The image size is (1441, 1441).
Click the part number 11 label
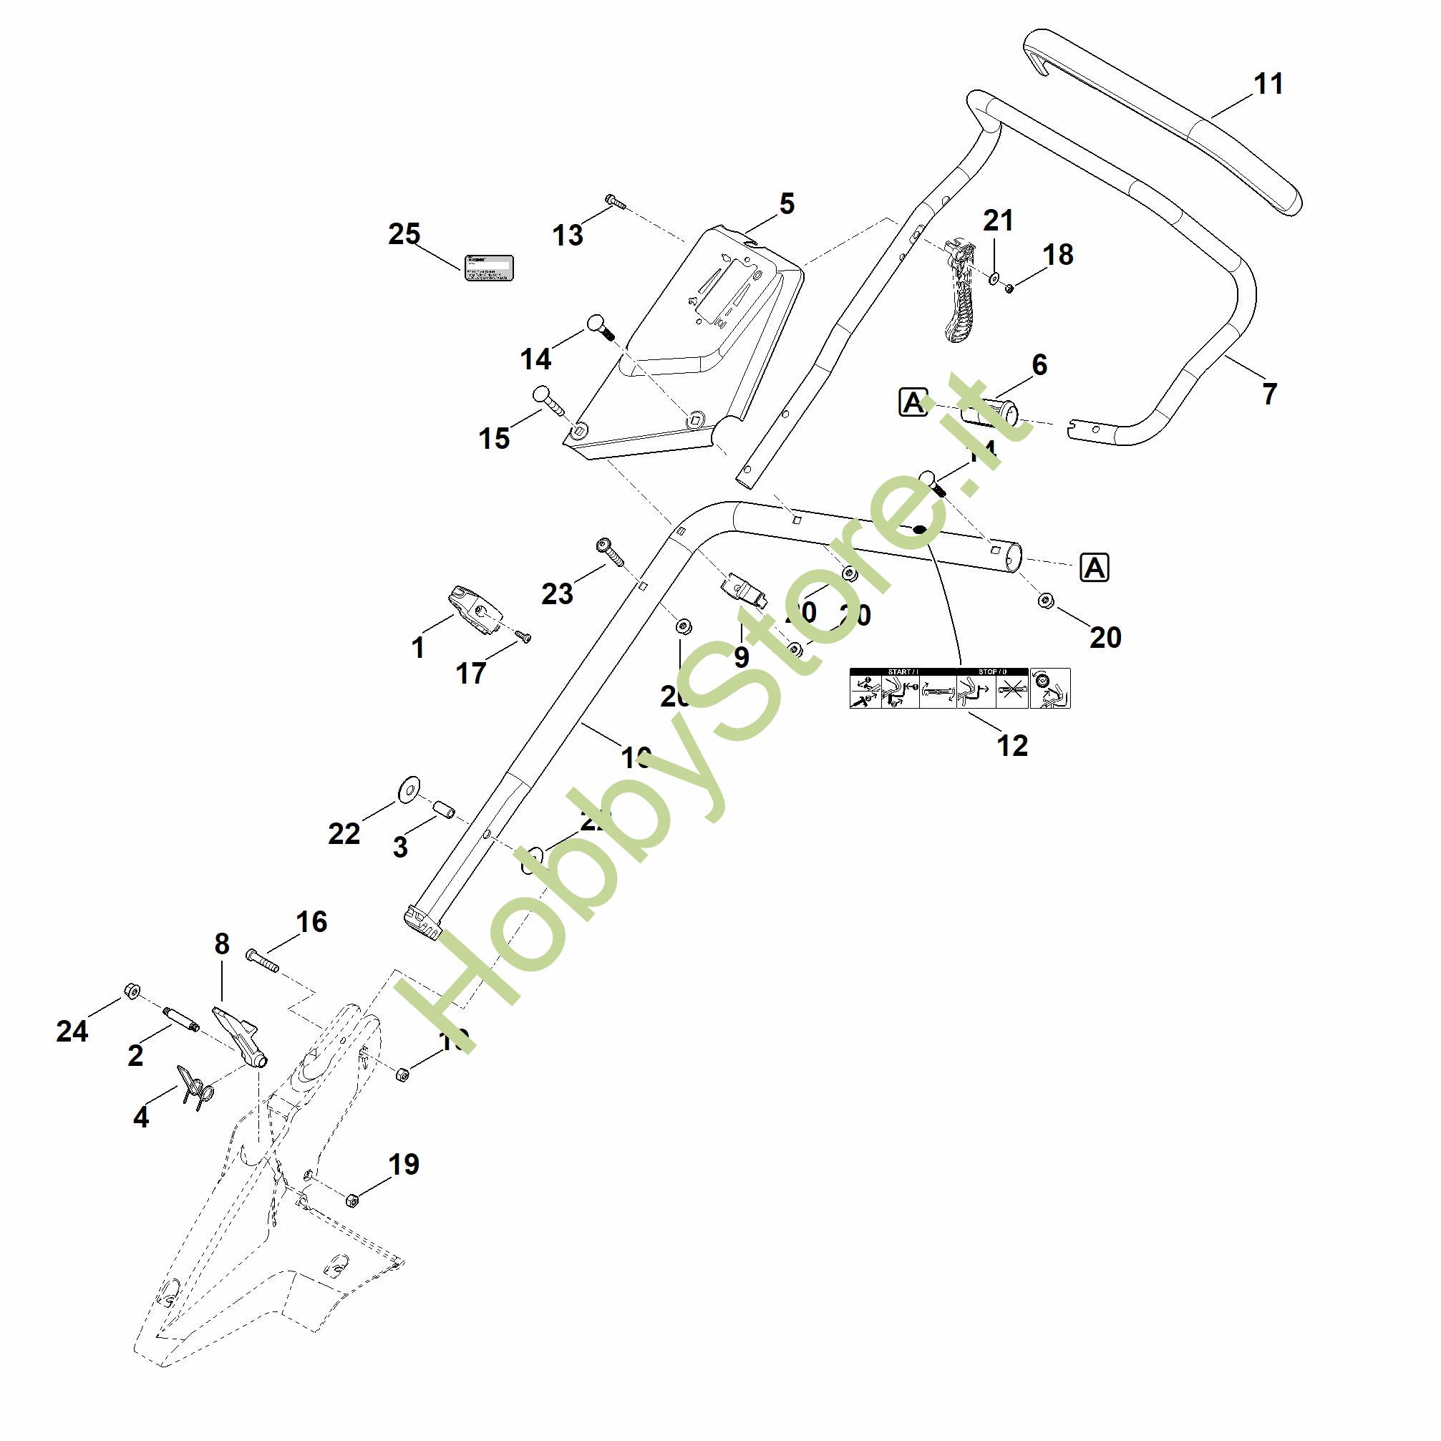pyautogui.click(x=1268, y=84)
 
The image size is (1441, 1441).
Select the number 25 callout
pyautogui.click(x=404, y=234)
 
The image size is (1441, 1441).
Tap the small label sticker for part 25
pyautogui.click(x=488, y=267)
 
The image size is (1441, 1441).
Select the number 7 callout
pyautogui.click(x=1268, y=394)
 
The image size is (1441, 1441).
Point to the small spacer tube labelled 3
pyautogui.click(x=445, y=809)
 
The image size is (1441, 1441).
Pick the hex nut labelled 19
pyautogui.click(x=353, y=1200)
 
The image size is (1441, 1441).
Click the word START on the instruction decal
pyautogui.click(x=898, y=672)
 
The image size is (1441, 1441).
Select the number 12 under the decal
pyautogui.click(x=1011, y=744)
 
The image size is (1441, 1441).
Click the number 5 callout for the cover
pyautogui.click(x=787, y=203)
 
